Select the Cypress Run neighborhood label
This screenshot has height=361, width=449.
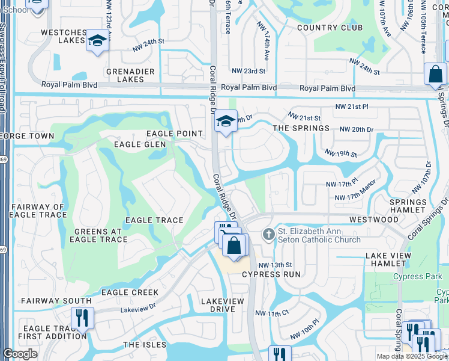pyautogui.click(x=271, y=274)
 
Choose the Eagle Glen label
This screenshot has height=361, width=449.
pyautogui.click(x=139, y=144)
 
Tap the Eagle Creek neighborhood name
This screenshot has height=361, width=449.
pyautogui.click(x=130, y=292)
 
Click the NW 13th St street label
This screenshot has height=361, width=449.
pyautogui.click(x=275, y=265)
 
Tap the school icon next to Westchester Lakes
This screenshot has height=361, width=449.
pyautogui.click(x=96, y=41)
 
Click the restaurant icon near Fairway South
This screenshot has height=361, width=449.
pyautogui.click(x=82, y=318)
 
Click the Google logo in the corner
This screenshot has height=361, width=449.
pyautogui.click(x=20, y=354)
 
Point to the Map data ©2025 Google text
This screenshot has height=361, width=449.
pyautogui.click(x=411, y=356)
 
